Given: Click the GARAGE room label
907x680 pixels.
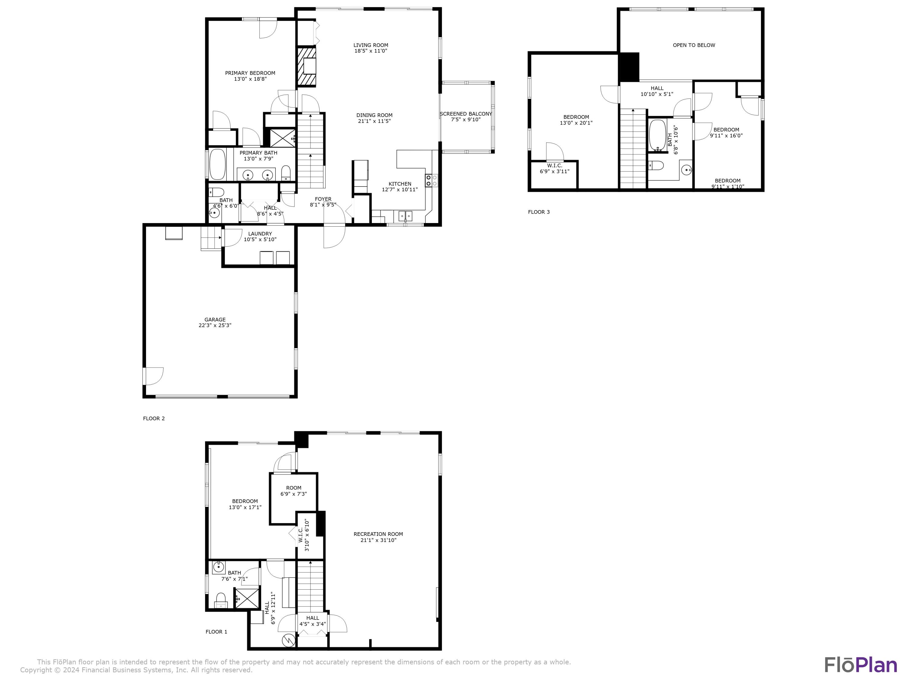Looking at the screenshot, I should pos(215,319).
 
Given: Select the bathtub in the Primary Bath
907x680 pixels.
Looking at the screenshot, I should pos(217,164).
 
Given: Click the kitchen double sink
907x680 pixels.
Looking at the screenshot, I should pos(405,216).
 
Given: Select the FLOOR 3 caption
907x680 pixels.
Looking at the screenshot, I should pos(538,212).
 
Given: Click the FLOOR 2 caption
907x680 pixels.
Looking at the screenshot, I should pos(154,419).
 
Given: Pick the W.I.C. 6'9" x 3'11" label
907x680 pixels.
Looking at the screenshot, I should pos(554,168).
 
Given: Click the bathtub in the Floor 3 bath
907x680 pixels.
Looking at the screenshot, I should pos(657,135).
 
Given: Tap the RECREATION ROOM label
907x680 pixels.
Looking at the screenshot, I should pos(378,534).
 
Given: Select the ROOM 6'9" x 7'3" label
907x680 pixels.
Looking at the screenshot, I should pos(294,491).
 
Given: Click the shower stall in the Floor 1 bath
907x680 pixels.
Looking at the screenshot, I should pos(246,598).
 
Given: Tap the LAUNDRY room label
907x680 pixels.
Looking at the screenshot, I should pos(260,234).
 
